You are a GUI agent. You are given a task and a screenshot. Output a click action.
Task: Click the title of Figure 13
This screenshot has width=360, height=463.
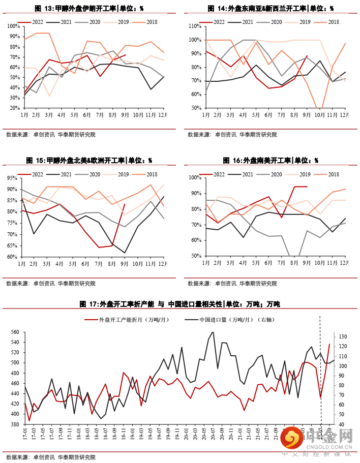(x=89, y=9)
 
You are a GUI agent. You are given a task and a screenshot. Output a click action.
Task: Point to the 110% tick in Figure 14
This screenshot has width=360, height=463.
(x=195, y=26)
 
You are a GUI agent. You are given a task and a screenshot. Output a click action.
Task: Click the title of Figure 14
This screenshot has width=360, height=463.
(x=271, y=9)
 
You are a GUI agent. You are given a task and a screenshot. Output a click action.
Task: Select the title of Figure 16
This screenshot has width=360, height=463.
(x=271, y=161)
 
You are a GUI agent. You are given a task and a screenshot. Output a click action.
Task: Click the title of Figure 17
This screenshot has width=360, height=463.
(x=179, y=304)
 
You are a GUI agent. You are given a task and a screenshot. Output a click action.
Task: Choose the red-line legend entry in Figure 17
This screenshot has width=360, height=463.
(x=123, y=320)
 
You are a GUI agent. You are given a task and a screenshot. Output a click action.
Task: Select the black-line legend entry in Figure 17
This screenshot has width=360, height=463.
(x=229, y=320)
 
